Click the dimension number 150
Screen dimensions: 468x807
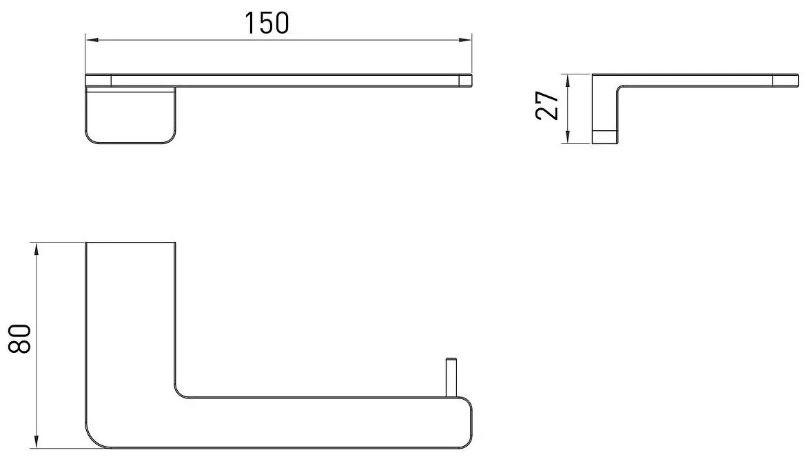click(x=267, y=22)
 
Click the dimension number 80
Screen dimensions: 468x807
click(x=21, y=338)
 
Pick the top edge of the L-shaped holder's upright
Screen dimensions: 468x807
click(x=130, y=243)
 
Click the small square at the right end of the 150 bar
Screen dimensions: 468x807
click(x=465, y=80)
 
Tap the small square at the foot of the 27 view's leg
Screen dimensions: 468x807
click(x=606, y=136)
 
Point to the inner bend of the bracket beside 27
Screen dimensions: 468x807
click(x=622, y=88)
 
